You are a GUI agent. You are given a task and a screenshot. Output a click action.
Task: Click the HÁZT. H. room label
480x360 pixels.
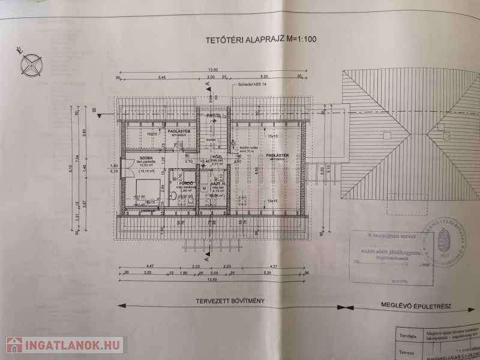pyautogui.click(x=218, y=184)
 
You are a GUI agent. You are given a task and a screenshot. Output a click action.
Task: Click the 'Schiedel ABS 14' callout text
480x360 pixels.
pyautogui.click(x=254, y=85)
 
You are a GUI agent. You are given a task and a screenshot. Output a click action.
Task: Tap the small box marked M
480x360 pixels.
pyautogui.click(x=204, y=188)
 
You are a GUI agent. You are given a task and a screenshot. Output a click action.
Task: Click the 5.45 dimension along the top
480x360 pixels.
pyautogui.click(x=162, y=77)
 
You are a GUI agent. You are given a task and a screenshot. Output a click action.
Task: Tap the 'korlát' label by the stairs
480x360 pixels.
pyautogui.click(x=211, y=140)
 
